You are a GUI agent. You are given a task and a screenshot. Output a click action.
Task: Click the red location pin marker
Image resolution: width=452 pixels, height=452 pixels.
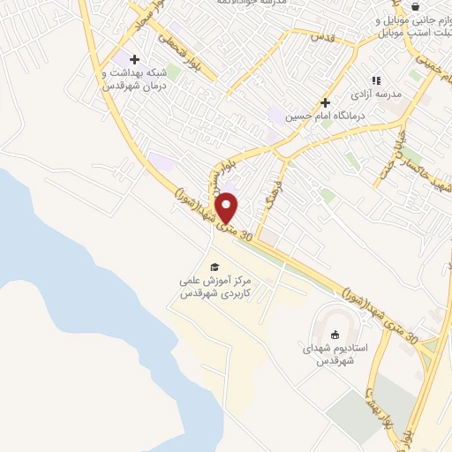pos(227,207)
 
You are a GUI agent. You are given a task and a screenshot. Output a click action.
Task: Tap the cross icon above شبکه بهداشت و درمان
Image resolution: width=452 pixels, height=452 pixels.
pos(133,59)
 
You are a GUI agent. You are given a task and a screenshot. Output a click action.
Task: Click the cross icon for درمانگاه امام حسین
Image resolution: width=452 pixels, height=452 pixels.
pos(326,102)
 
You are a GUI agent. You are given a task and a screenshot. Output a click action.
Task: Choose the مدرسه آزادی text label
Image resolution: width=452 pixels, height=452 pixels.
pos(377,94)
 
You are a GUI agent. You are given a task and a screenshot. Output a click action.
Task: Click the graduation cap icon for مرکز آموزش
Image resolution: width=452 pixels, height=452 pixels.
pos(214,267)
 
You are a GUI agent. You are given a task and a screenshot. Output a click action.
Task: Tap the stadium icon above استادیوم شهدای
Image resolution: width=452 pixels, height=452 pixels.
pos(335,334)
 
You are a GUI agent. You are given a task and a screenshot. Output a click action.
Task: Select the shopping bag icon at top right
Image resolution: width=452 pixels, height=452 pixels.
pos(414,6)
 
